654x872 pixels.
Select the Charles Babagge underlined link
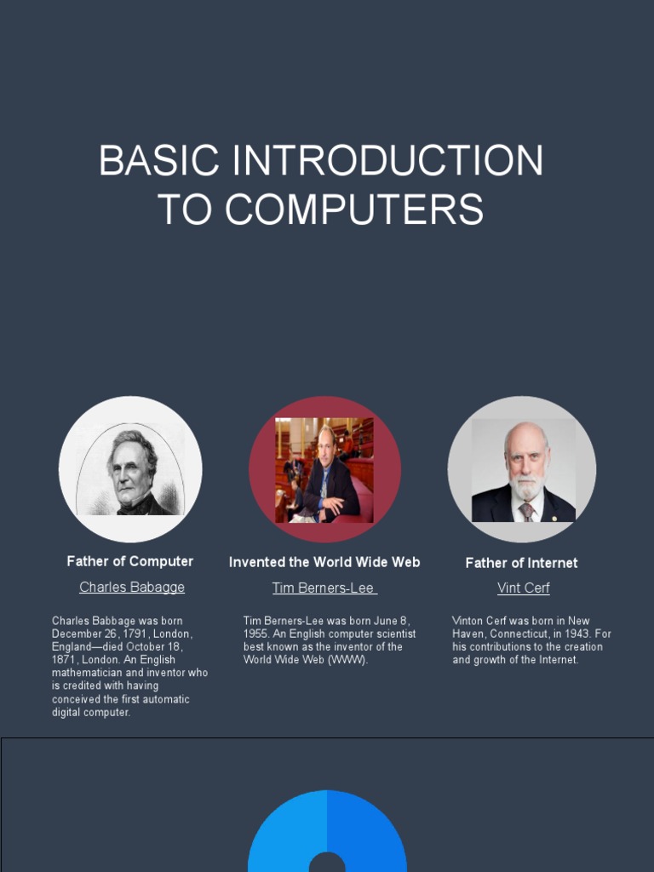[132, 588]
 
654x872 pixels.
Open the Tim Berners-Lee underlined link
[324, 588]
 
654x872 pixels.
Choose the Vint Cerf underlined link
[523, 588]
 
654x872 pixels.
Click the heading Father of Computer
[130, 561]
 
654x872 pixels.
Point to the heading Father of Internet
[521, 563]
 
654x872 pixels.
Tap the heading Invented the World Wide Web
[324, 562]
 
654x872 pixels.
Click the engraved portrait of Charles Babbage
[130, 470]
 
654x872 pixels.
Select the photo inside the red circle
[324, 469]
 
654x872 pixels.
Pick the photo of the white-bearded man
[523, 470]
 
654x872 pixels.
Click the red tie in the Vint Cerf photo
[526, 511]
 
